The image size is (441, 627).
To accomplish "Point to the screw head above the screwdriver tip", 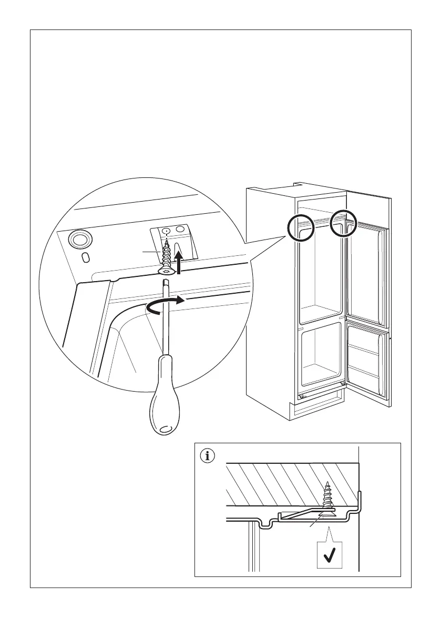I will tap(165, 271).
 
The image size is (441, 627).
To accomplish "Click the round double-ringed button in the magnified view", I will tap(79, 240).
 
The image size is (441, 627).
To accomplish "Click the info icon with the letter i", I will tap(209, 456).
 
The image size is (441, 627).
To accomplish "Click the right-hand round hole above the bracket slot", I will tap(180, 230).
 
